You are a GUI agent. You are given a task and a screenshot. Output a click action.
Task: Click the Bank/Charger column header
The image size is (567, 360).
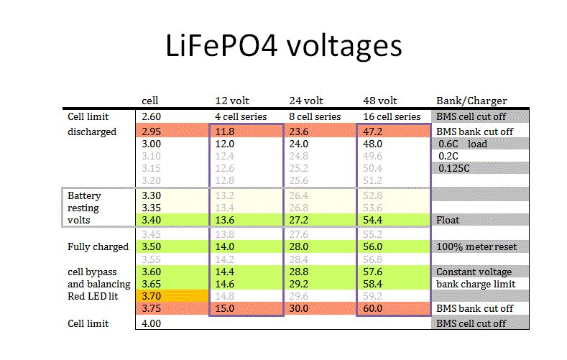(x=471, y=101)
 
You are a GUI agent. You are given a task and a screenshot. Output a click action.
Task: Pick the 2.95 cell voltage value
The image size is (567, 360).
(x=151, y=131)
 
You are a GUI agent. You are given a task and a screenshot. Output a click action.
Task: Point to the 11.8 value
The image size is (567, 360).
(x=225, y=131)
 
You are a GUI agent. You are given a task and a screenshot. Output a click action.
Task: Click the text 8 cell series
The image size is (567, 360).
(x=315, y=116)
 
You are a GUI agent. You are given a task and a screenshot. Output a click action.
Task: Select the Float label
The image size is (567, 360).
(x=448, y=221)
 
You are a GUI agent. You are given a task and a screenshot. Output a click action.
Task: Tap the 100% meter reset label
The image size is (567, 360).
(x=475, y=246)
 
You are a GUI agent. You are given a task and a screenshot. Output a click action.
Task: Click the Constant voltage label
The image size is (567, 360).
(x=474, y=272)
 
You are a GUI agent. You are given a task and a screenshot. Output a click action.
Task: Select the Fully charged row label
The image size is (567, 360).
(x=98, y=246)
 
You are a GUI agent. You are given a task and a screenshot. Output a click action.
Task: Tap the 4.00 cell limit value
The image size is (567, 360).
(x=151, y=324)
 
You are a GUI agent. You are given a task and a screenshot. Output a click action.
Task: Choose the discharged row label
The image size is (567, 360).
(x=92, y=131)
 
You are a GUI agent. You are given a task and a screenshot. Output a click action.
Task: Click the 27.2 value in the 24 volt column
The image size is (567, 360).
(x=300, y=221)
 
